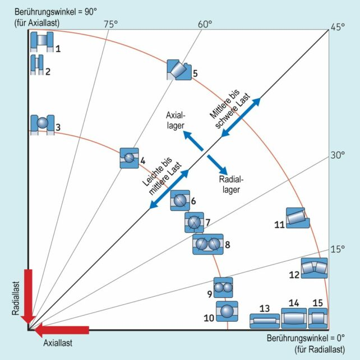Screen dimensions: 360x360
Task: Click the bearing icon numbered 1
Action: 41,41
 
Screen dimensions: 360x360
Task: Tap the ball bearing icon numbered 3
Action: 42,123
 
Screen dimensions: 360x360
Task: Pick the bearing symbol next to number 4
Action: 130,158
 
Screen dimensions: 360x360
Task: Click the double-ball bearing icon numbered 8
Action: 208,244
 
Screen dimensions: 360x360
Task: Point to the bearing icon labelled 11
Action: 296,218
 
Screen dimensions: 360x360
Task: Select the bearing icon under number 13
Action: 264,321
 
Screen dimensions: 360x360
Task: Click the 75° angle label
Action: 110,24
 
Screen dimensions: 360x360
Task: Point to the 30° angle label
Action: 336,155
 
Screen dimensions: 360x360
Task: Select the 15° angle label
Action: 336,250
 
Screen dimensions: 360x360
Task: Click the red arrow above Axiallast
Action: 62,329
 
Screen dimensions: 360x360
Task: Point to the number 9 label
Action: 209,293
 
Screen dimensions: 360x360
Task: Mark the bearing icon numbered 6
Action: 180,200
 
